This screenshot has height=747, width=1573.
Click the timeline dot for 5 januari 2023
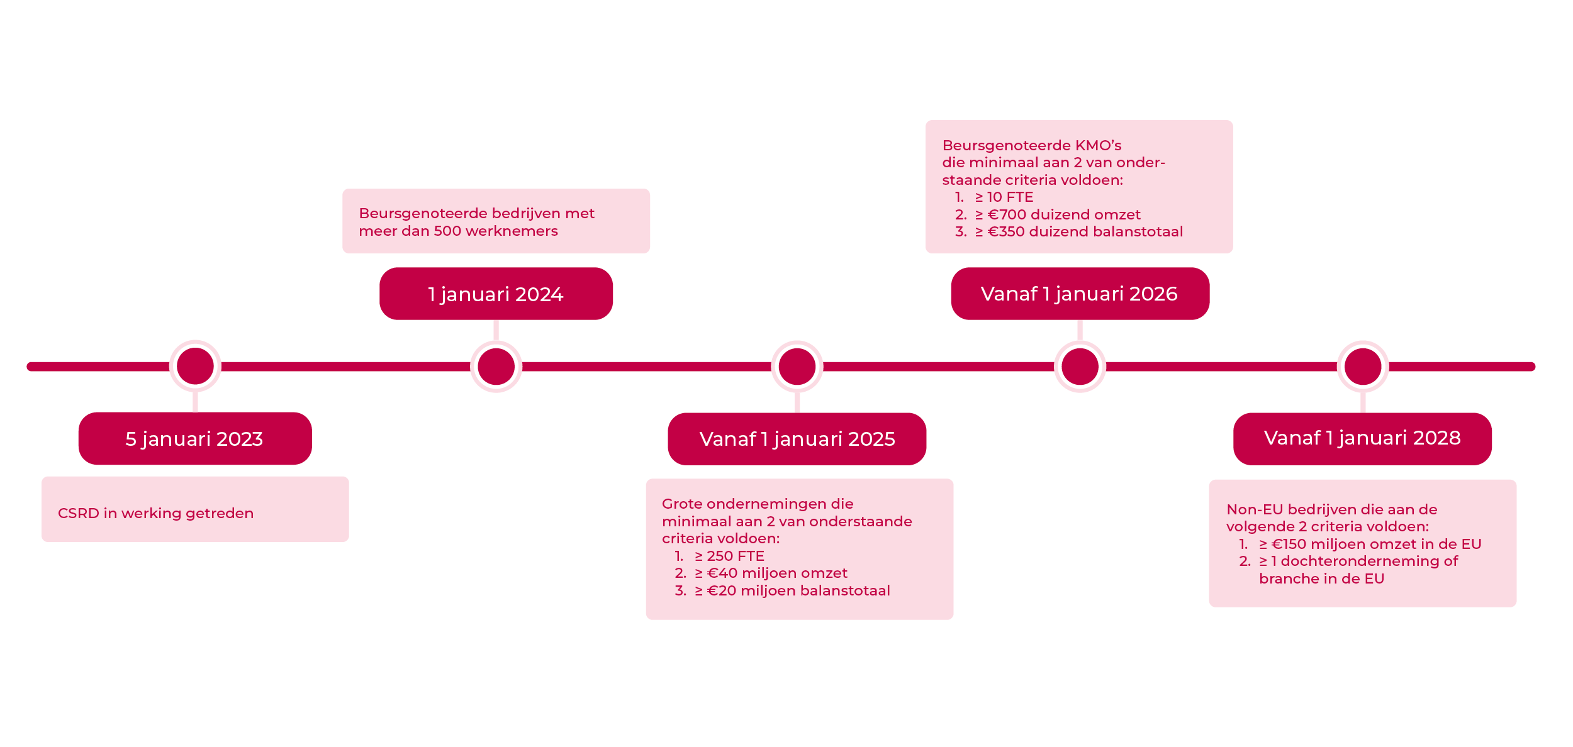point(195,366)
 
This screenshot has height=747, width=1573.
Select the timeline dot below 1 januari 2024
point(496,367)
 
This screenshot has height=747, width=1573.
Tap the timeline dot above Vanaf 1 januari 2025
point(797,367)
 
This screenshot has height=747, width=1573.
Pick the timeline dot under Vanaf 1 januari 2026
point(1080,367)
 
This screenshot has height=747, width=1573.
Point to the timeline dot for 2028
point(1362,366)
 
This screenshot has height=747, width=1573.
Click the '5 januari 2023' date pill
point(195,438)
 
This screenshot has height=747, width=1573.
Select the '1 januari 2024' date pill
point(496,294)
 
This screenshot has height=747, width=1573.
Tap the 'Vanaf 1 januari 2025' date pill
point(797,439)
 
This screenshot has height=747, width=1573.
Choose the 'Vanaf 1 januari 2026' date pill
point(1080,294)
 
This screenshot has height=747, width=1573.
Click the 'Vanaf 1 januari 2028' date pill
point(1362,438)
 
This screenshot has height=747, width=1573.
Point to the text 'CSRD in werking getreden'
point(155,513)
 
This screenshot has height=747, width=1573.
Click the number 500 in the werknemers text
point(447,231)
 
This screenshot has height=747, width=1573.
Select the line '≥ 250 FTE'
point(729,556)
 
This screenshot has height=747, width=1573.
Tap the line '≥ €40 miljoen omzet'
point(770,573)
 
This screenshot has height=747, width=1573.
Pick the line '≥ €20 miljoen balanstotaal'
point(792,590)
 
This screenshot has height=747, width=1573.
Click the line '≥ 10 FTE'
point(1004,197)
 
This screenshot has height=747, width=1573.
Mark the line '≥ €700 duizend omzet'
point(1057,214)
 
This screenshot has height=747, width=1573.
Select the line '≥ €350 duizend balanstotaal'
point(1078,231)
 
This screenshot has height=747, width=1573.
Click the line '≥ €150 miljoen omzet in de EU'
point(1370,544)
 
